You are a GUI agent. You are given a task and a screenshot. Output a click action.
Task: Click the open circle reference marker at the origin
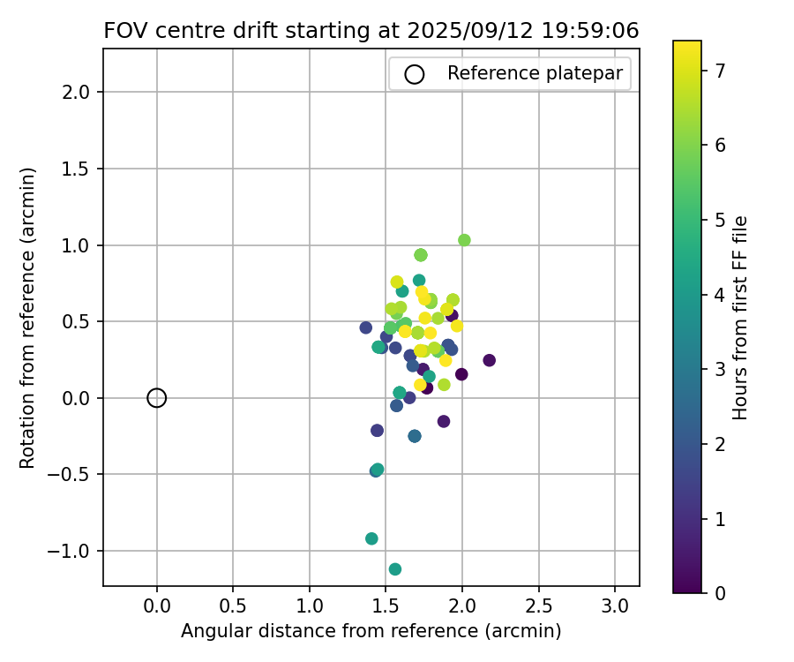[156, 398]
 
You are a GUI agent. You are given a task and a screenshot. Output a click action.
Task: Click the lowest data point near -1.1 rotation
[395, 569]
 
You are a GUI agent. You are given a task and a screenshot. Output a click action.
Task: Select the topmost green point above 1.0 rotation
[464, 240]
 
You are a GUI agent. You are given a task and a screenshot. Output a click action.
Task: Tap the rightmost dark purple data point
[489, 360]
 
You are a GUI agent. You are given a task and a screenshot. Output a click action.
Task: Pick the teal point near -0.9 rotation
[371, 538]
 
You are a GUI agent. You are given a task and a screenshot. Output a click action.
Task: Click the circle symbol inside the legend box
[415, 74]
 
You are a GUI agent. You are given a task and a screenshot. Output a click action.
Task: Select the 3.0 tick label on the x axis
[615, 607]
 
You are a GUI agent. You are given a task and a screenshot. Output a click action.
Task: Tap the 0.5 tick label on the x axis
[233, 607]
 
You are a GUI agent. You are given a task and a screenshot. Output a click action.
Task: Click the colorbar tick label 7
[720, 71]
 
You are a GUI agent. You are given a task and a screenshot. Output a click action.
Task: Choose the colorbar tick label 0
[720, 593]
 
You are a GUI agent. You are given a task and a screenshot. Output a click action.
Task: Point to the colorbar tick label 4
[720, 295]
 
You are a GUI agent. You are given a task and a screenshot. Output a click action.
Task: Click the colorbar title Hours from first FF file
[741, 318]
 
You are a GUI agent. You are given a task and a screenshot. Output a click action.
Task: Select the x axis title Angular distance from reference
[371, 631]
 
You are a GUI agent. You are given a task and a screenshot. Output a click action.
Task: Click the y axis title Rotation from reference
[27, 318]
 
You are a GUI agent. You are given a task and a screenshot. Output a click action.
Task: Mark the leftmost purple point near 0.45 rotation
[366, 327]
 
